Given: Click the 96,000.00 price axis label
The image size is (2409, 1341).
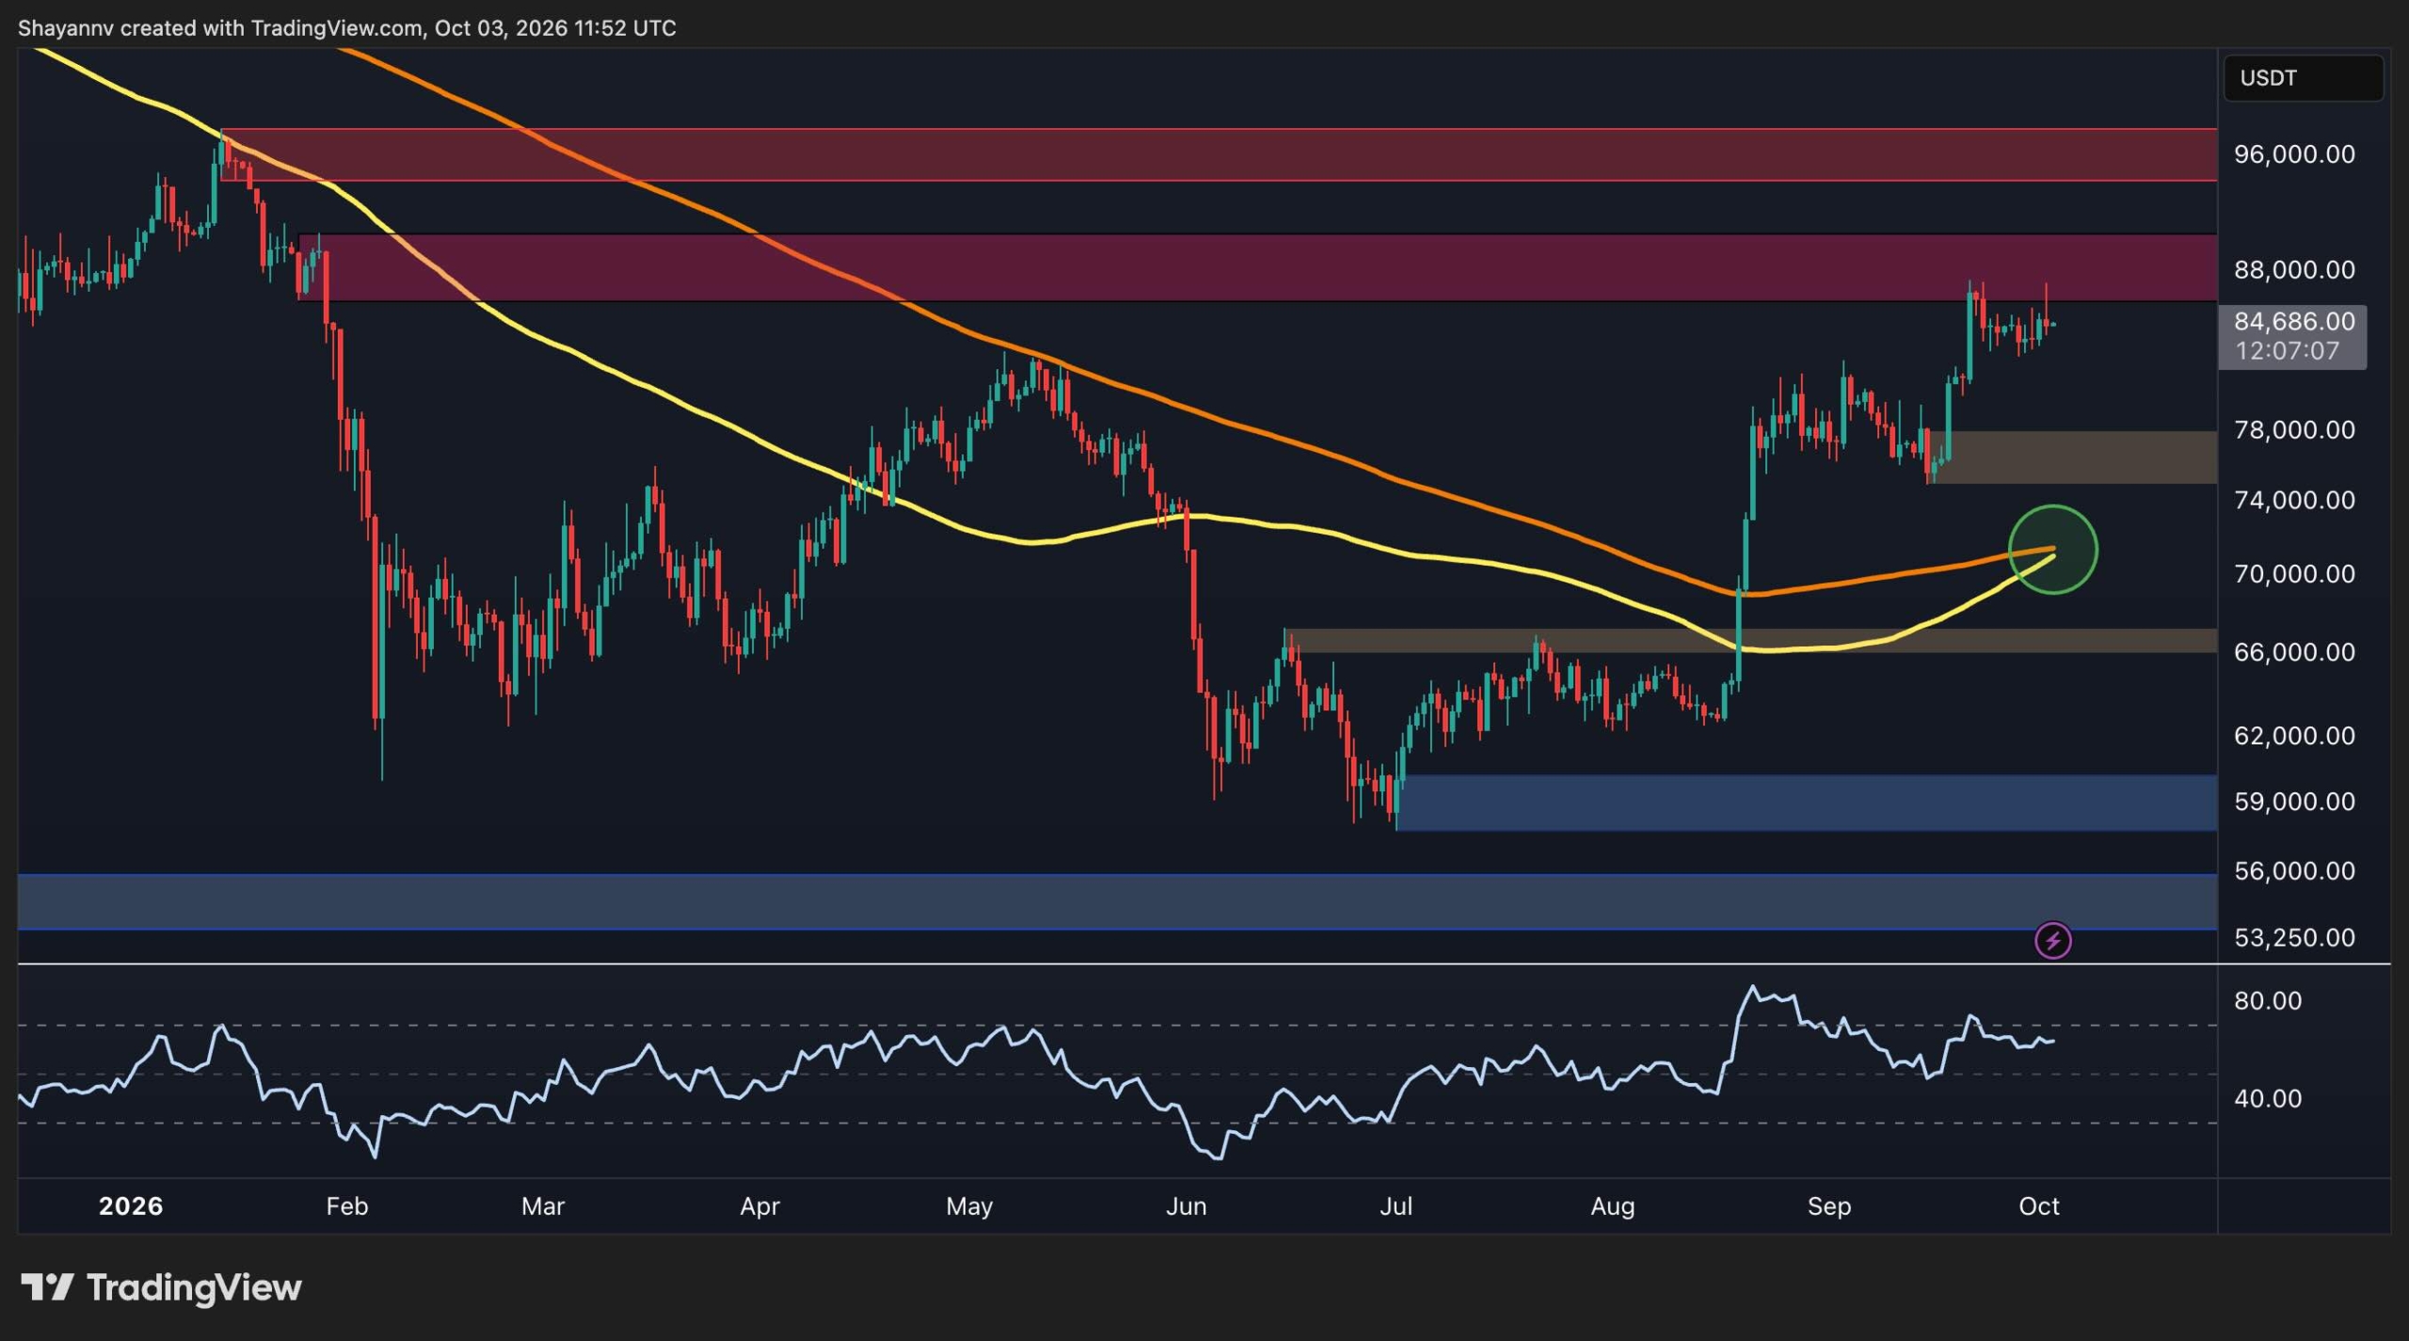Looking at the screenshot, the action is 2294,154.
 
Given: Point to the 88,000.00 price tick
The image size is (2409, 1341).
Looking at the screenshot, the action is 2294,270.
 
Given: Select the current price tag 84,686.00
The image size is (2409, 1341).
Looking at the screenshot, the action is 2294,322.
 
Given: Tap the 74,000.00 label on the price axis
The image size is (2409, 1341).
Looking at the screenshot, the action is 2294,500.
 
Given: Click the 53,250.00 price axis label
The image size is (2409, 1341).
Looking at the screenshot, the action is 2294,937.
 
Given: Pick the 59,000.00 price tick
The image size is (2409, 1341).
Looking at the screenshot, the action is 2294,802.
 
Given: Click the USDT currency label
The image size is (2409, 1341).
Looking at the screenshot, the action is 2268,78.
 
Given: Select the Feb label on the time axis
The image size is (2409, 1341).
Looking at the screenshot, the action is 346,1206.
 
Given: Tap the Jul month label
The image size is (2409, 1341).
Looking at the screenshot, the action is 1396,1206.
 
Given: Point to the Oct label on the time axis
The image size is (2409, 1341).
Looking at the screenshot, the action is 2039,1206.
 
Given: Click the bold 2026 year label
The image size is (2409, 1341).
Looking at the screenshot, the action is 131,1206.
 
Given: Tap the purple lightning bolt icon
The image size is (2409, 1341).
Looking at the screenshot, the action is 2052,940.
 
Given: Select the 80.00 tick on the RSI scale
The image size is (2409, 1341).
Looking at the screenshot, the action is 2268,1000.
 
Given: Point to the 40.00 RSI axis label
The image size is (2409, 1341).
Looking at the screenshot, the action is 2268,1098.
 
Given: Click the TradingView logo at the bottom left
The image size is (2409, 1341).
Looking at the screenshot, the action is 161,1287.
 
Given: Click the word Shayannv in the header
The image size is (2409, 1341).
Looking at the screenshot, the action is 66,28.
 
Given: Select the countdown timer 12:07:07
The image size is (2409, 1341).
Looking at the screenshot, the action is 2287,351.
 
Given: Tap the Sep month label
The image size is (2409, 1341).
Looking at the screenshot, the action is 1829,1206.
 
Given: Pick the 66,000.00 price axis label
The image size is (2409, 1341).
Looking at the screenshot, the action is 2294,652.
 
